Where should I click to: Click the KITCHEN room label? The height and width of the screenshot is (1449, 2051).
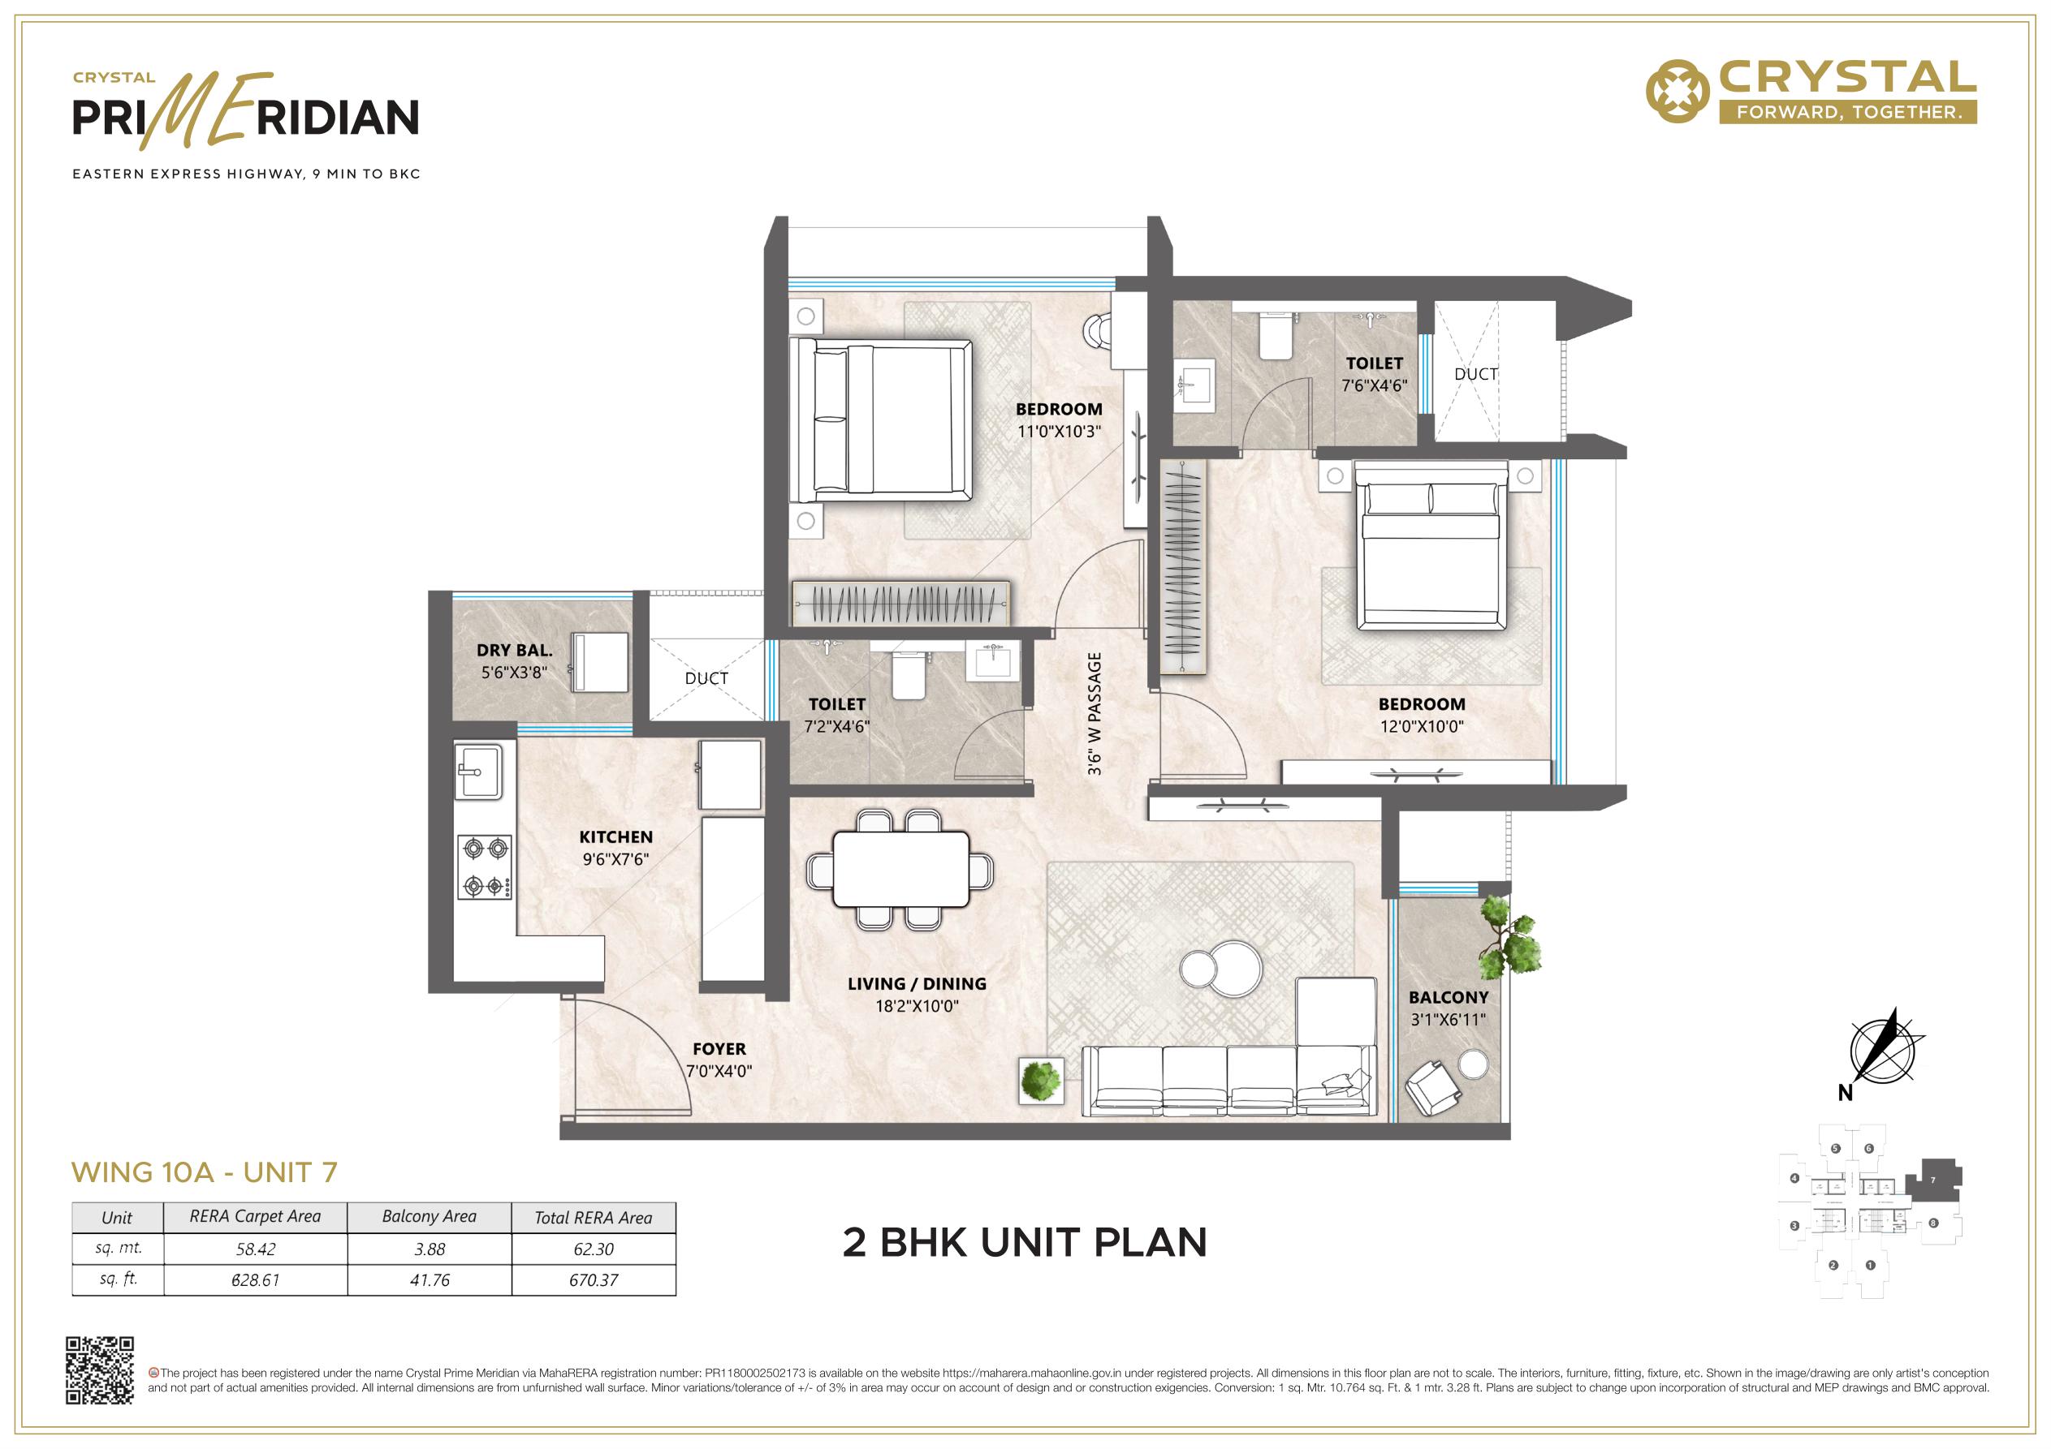tap(615, 836)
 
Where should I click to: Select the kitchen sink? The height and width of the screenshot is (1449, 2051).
tap(479, 772)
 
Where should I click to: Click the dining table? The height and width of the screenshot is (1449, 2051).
tap(900, 869)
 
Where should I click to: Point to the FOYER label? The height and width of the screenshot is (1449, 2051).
tap(719, 1049)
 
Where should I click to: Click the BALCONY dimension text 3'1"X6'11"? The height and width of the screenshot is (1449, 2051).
tap(1448, 1020)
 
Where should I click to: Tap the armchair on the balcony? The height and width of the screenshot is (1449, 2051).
tap(1432, 1086)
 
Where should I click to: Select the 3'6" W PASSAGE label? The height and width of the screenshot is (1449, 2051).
tap(1095, 713)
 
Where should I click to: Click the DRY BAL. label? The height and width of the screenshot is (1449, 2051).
tap(515, 650)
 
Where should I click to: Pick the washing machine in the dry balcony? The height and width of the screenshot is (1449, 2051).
tap(599, 663)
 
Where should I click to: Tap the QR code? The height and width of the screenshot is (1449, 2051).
tap(100, 1370)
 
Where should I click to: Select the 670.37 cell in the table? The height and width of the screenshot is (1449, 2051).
tap(594, 1280)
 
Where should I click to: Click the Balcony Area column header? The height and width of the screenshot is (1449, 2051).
tap(429, 1217)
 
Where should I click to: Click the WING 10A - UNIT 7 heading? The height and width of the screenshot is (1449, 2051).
tap(205, 1172)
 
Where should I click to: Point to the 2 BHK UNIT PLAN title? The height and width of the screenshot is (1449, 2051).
tap(1025, 1243)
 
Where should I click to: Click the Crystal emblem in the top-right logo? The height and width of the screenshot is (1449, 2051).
tap(1678, 91)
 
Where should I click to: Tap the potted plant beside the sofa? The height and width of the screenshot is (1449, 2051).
tap(1042, 1081)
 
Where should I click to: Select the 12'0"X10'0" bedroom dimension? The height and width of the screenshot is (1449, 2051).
tap(1421, 727)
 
